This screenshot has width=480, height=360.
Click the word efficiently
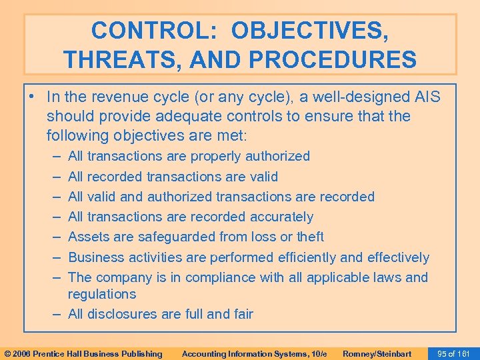pyautogui.click(x=313, y=257)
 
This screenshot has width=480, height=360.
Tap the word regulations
pyautogui.click(x=101, y=294)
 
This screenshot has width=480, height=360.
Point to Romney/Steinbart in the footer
pyautogui.click(x=377, y=353)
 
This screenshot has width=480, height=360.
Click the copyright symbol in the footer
pyautogui.click(x=7, y=353)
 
